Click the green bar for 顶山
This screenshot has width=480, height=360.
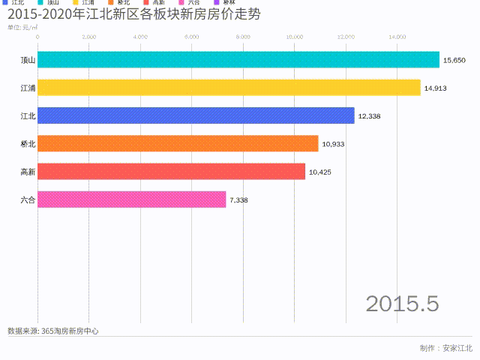[238, 59]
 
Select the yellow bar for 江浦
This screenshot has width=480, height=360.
[229, 88]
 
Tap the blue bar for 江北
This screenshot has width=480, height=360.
[196, 115]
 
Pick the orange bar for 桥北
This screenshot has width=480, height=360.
[178, 143]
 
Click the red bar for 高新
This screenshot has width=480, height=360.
[171, 172]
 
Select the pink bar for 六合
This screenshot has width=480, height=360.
[131, 199]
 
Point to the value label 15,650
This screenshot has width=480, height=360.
[454, 60]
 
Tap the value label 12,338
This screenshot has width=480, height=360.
[370, 115]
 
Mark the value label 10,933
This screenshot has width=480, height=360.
[333, 144]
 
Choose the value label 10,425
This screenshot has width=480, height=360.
[320, 172]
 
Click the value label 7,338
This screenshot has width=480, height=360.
[238, 200]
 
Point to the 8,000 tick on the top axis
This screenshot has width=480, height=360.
[243, 37]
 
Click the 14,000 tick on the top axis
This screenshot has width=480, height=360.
[397, 37]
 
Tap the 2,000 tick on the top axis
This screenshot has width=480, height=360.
[88, 37]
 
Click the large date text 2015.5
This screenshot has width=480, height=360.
[402, 304]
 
